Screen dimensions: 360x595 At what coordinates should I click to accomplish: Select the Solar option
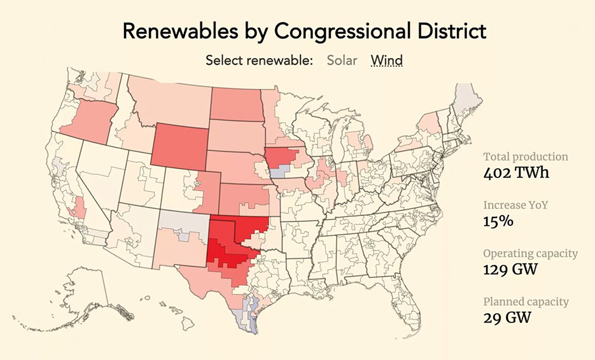[x=342, y=60]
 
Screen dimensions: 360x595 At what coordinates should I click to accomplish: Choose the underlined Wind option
[x=387, y=60]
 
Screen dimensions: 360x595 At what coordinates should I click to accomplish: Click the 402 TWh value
[x=515, y=172]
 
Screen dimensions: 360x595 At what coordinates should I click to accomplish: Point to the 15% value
[x=497, y=221]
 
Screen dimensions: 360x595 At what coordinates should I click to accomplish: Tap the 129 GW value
[x=510, y=268]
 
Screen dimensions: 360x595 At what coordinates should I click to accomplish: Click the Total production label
[x=526, y=156]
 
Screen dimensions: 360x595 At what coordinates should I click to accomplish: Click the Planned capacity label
[x=526, y=301]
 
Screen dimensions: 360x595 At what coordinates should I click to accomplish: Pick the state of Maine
[x=470, y=99]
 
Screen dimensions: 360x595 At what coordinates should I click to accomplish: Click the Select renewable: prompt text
[x=259, y=60]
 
